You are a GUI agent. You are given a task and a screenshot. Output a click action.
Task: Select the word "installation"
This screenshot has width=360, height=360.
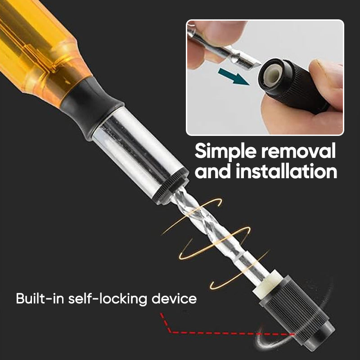(x=286, y=171)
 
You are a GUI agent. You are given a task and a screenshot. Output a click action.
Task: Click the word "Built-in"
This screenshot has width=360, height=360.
(x=40, y=298)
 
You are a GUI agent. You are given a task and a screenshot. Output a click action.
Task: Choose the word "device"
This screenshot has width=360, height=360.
(x=174, y=298)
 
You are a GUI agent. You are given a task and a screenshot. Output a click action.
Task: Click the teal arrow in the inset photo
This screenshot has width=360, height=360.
(x=234, y=76)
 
